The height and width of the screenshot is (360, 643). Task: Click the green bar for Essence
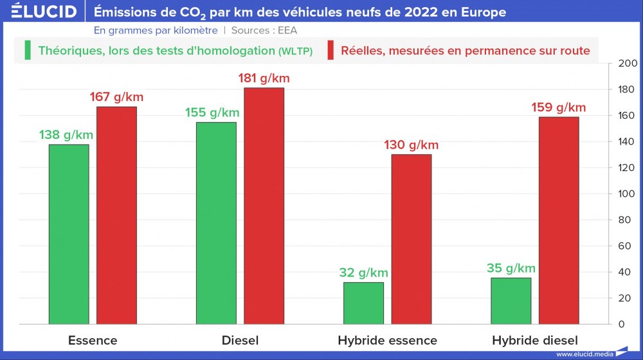point(69,234)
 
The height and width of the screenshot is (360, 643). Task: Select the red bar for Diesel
point(264,206)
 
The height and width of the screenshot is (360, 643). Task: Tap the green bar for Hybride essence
point(363,303)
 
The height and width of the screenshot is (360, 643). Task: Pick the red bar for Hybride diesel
point(559,220)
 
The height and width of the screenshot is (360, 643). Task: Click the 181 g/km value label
point(264,78)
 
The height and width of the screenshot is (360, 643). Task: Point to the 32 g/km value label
point(363,273)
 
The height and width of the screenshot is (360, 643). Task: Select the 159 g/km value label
point(559,107)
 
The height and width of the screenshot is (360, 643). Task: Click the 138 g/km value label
point(66,135)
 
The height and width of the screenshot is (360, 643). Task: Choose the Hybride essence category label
point(387,341)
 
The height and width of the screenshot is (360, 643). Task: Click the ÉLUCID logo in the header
point(44,12)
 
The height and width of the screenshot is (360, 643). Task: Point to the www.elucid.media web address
point(584,354)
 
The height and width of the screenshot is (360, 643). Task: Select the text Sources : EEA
point(264,30)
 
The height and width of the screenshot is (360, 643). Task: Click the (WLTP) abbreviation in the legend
point(296,51)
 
